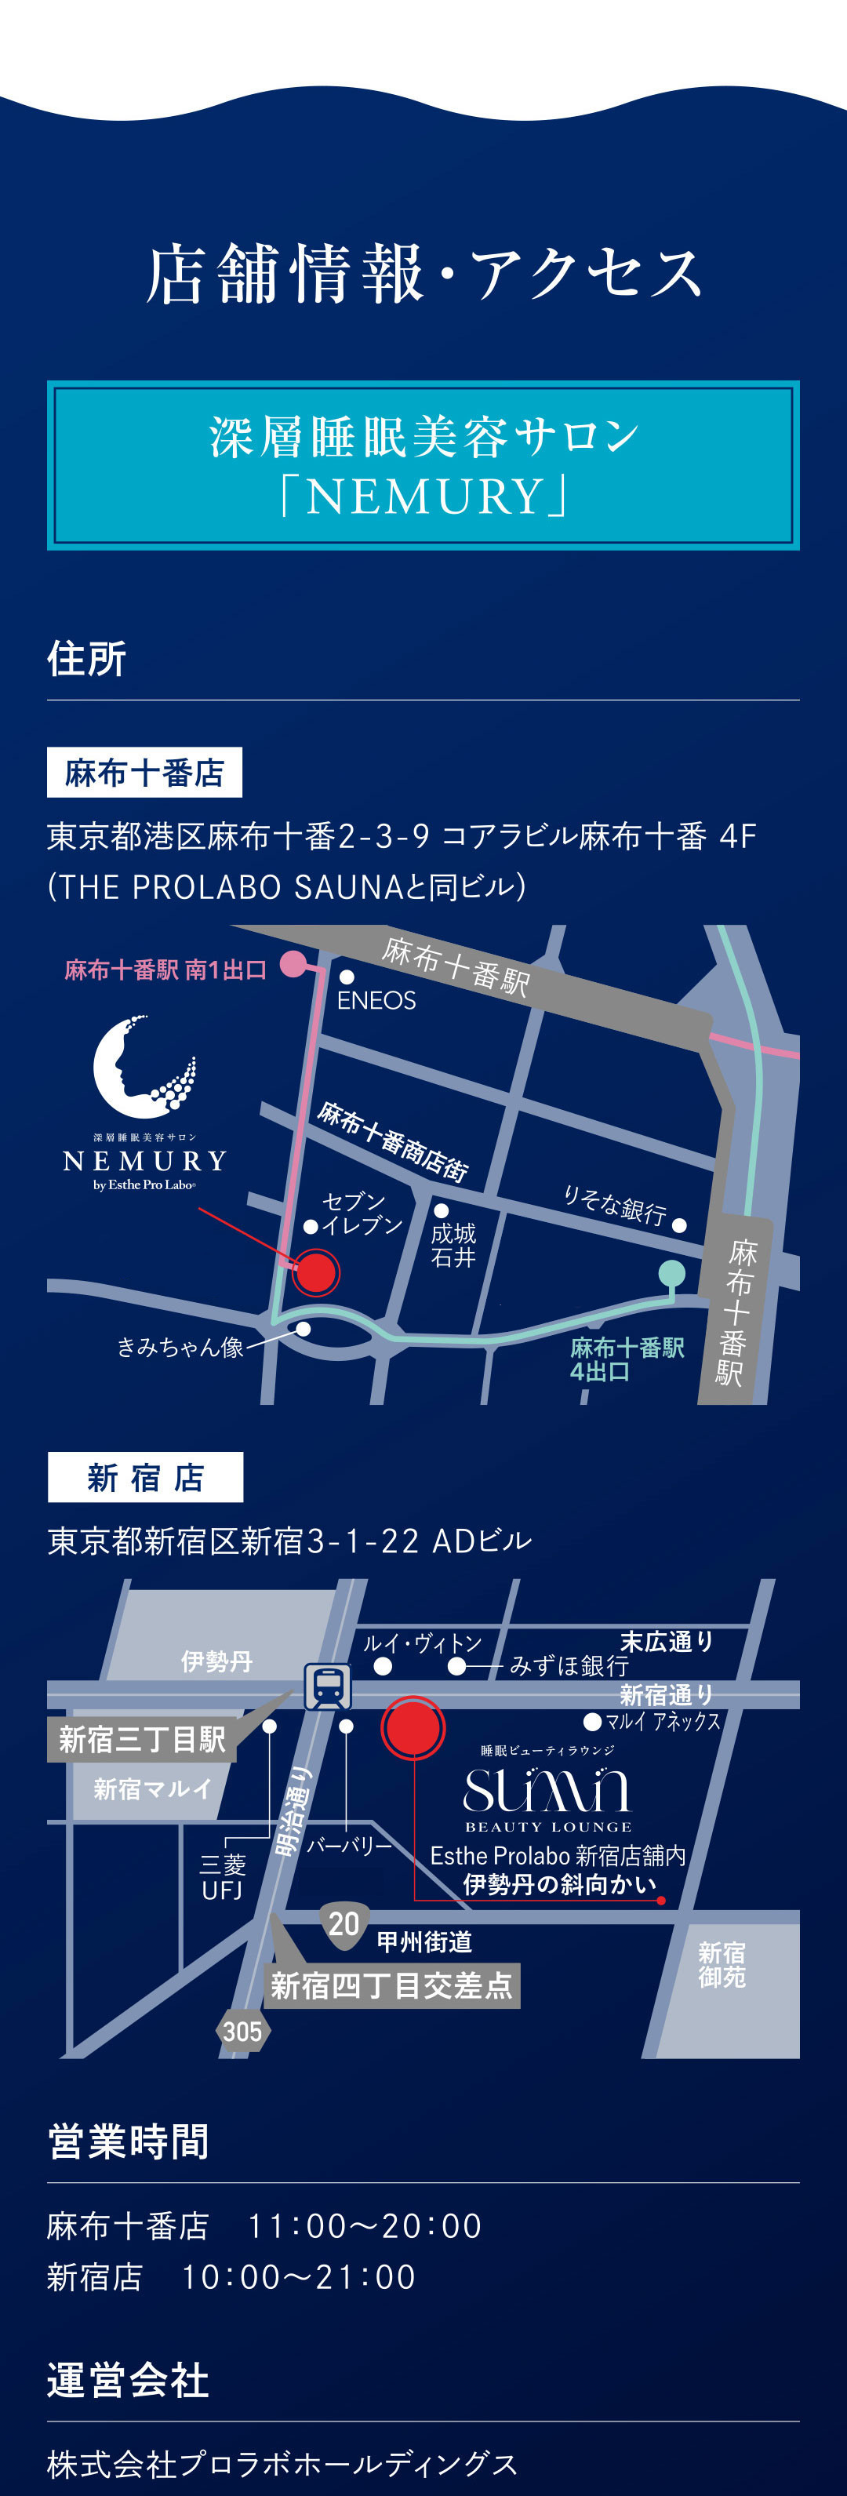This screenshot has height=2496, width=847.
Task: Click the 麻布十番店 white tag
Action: pyautogui.click(x=144, y=772)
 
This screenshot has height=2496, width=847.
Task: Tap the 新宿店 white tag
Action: pyautogui.click(x=145, y=1477)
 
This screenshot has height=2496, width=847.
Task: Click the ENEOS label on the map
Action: pyautogui.click(x=376, y=1000)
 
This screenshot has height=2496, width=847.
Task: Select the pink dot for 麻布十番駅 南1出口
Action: pyautogui.click(x=293, y=964)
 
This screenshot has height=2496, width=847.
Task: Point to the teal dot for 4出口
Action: pyautogui.click(x=671, y=1272)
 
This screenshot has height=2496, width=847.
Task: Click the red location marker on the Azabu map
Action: pyautogui.click(x=315, y=1272)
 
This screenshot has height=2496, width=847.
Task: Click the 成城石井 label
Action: pyautogui.click(x=453, y=1245)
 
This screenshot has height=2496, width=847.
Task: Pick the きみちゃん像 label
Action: pyautogui.click(x=180, y=1347)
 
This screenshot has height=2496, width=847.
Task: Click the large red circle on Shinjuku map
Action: pyautogui.click(x=413, y=1726)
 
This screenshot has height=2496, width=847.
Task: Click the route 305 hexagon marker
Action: pyautogui.click(x=242, y=2031)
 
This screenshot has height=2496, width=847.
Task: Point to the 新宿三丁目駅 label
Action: pyautogui.click(x=143, y=1739)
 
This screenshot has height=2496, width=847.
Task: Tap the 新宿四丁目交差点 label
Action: pyautogui.click(x=391, y=1985)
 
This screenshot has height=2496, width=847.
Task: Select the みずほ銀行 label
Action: pyautogui.click(x=569, y=1665)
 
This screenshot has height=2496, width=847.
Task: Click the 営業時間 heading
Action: pyautogui.click(x=128, y=2141)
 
